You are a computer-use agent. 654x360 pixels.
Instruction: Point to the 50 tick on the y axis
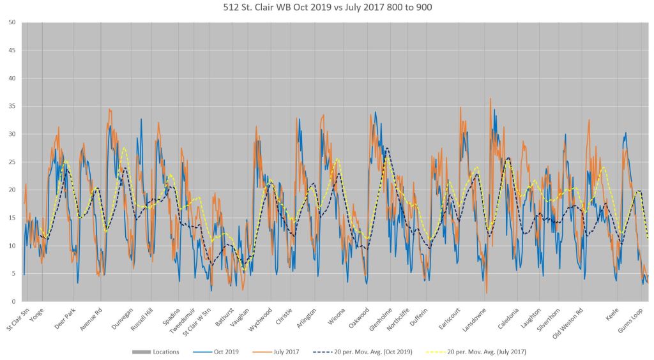(x=13, y=22)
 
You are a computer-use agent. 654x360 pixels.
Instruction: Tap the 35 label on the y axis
(x=13, y=106)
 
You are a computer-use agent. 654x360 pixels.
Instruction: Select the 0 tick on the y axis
(x=14, y=301)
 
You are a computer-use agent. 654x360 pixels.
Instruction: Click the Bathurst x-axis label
(x=226, y=317)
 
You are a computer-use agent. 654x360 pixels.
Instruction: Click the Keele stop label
(x=612, y=314)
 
